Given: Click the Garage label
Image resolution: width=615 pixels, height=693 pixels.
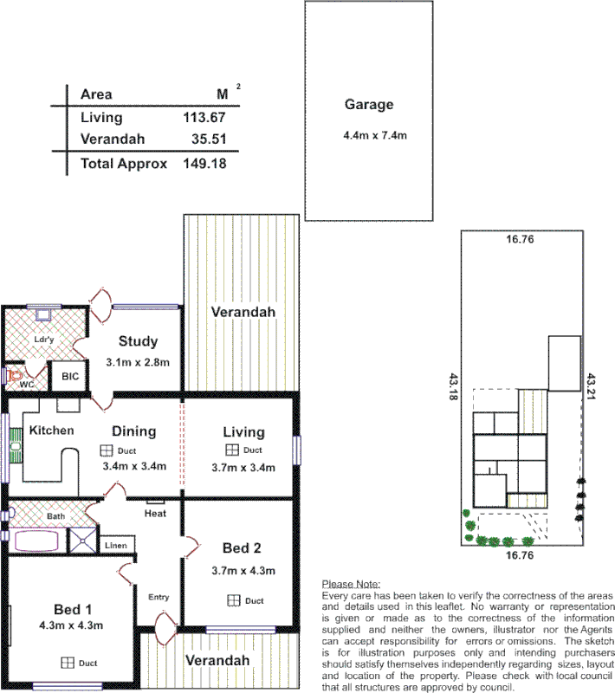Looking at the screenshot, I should coord(369,105).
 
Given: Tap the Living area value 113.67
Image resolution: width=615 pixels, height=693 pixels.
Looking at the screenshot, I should coord(204,118).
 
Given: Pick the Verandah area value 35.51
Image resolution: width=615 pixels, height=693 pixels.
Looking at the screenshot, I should coord(209,139).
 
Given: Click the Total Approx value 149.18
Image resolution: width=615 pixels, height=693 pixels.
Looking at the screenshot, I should coord(204,163).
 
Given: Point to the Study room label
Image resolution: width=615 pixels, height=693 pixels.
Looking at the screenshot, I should coord(137,340).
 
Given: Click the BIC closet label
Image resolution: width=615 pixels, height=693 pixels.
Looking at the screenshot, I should coord(68,378).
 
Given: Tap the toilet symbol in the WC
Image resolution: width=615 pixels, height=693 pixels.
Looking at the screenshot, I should coord(11,377).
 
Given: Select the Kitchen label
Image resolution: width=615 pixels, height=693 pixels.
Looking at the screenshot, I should coord(52,431).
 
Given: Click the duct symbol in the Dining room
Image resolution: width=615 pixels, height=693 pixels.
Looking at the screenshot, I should coord(106,450).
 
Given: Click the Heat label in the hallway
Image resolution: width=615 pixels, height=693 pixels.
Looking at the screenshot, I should coord(156,514).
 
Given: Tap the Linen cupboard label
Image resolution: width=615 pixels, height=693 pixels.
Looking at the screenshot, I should coord(116,546).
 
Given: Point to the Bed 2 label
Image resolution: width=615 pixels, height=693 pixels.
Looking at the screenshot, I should coord(242,548).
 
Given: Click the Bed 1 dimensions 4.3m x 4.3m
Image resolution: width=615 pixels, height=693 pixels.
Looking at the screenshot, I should coord(71,625).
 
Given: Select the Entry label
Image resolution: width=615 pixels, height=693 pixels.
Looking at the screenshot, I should coord(159,598).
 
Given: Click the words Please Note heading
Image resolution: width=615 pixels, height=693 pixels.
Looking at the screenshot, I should coord(350,585).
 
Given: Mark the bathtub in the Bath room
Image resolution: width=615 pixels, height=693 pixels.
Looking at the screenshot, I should coord(37,541).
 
